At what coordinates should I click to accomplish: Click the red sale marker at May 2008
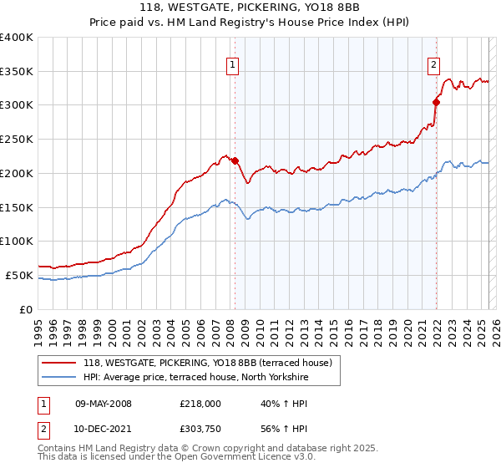[235, 160]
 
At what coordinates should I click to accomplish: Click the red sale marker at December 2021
[436, 102]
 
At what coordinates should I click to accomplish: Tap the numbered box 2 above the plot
[434, 63]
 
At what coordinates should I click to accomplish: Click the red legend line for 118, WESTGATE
[58, 363]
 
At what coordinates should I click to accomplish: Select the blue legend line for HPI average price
[58, 378]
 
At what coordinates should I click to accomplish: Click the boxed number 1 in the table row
[43, 404]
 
